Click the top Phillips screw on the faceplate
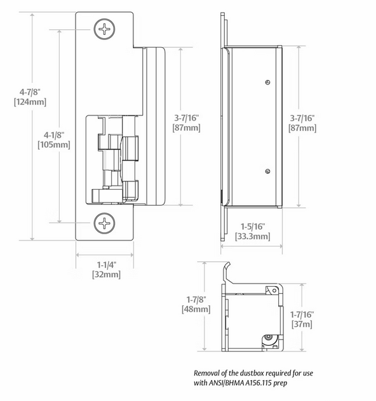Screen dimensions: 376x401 [104, 29]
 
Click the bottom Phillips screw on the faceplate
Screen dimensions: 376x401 [104, 223]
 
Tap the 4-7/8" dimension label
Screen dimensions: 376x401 [30, 92]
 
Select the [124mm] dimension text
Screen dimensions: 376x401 [30, 102]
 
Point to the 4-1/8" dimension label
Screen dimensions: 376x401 [54, 135]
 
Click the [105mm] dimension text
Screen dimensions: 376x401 [54, 145]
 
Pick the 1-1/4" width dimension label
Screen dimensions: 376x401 [106, 265]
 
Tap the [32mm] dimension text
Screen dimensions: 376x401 [106, 275]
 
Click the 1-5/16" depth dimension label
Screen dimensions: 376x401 [253, 226]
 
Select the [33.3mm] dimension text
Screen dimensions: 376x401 [253, 236]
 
